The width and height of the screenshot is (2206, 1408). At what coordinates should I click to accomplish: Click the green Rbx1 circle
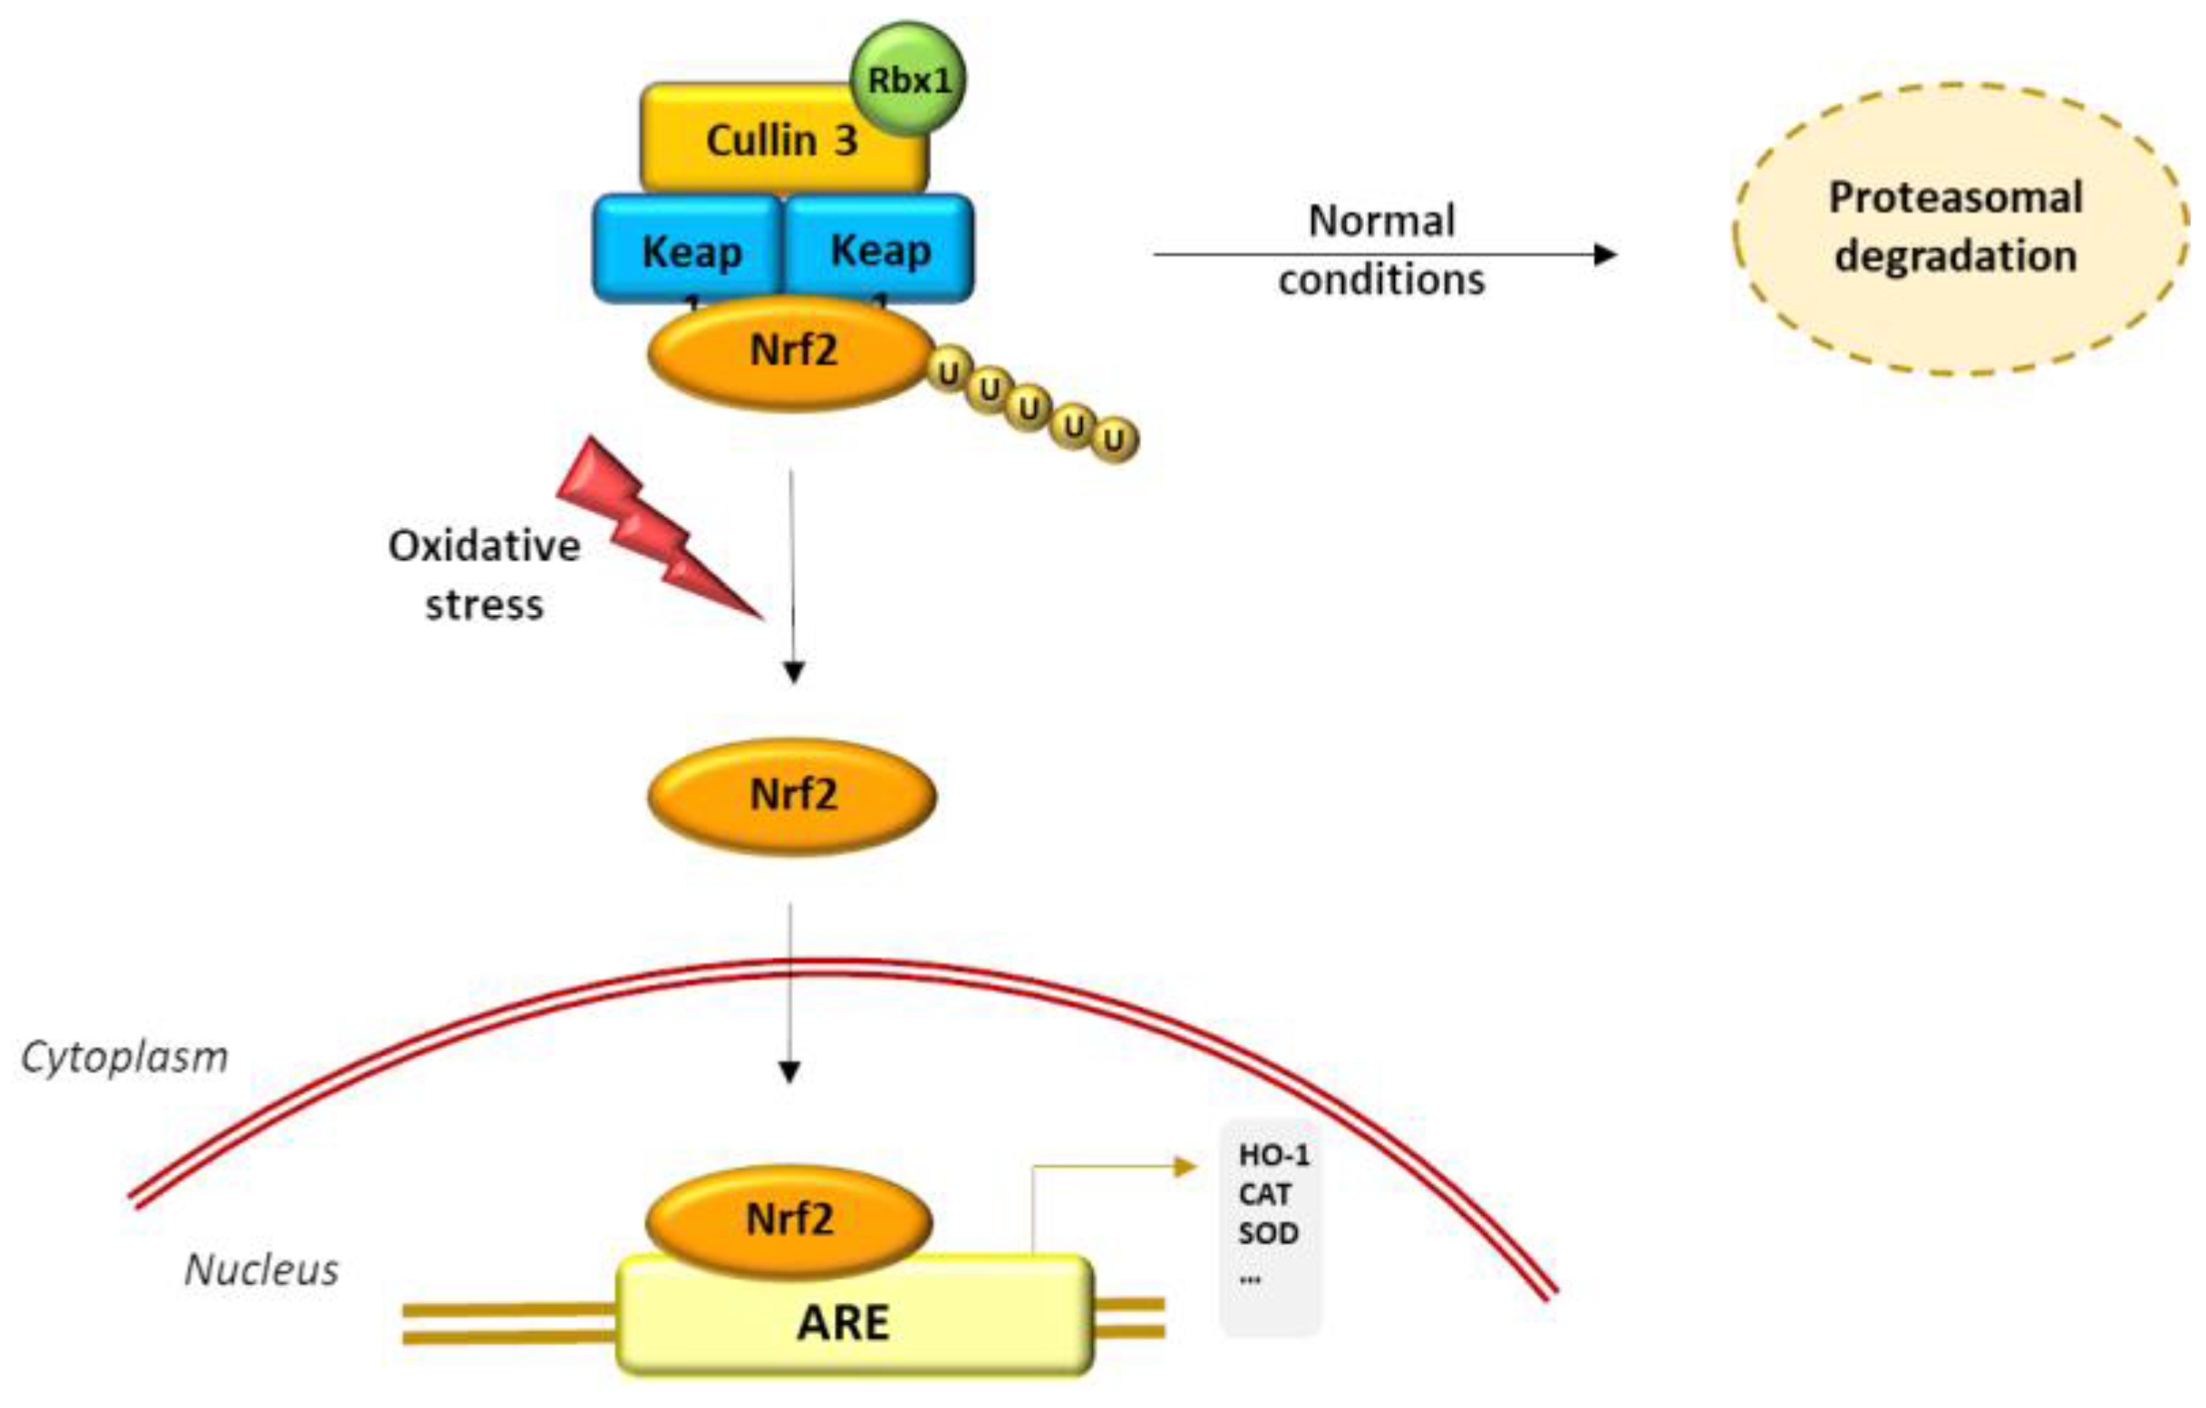[908, 80]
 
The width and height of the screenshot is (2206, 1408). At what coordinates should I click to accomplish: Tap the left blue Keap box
[690, 249]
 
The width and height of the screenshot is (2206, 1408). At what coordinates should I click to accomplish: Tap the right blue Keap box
[880, 249]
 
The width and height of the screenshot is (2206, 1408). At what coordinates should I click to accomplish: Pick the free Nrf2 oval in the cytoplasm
[792, 796]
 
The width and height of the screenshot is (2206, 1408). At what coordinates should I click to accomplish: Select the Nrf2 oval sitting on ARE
[789, 1220]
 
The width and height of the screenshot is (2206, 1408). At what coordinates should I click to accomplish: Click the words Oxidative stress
[485, 575]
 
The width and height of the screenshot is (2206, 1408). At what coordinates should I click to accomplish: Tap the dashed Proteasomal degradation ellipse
[1959, 229]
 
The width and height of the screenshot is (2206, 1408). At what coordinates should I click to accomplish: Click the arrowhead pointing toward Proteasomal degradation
[1605, 255]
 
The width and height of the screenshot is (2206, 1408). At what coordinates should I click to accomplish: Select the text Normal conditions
[1381, 249]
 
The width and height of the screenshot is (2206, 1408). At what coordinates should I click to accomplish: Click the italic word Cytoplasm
[124, 1057]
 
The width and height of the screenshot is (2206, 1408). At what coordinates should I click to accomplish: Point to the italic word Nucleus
[261, 1270]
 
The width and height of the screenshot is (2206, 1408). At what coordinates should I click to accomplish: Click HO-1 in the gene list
[1273, 1156]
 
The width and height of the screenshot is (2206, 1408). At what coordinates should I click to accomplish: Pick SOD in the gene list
[1268, 1234]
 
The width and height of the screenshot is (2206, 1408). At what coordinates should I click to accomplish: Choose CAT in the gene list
[1264, 1194]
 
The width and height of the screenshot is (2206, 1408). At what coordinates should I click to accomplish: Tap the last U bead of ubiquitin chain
[1114, 440]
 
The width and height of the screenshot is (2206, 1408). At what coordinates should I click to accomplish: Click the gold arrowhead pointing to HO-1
[1186, 1167]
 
